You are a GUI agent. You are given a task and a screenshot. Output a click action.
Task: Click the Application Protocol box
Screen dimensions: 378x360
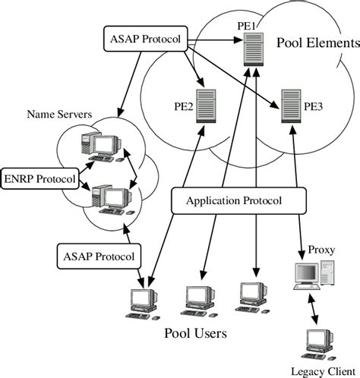(x=235, y=201)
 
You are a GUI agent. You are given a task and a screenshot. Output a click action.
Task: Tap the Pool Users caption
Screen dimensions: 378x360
(x=195, y=333)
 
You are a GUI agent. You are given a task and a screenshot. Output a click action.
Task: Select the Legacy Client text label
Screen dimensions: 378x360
(x=318, y=370)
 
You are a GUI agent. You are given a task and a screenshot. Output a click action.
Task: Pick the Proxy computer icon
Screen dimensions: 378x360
(x=312, y=276)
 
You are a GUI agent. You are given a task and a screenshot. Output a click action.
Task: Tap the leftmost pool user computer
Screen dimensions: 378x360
(x=144, y=302)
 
